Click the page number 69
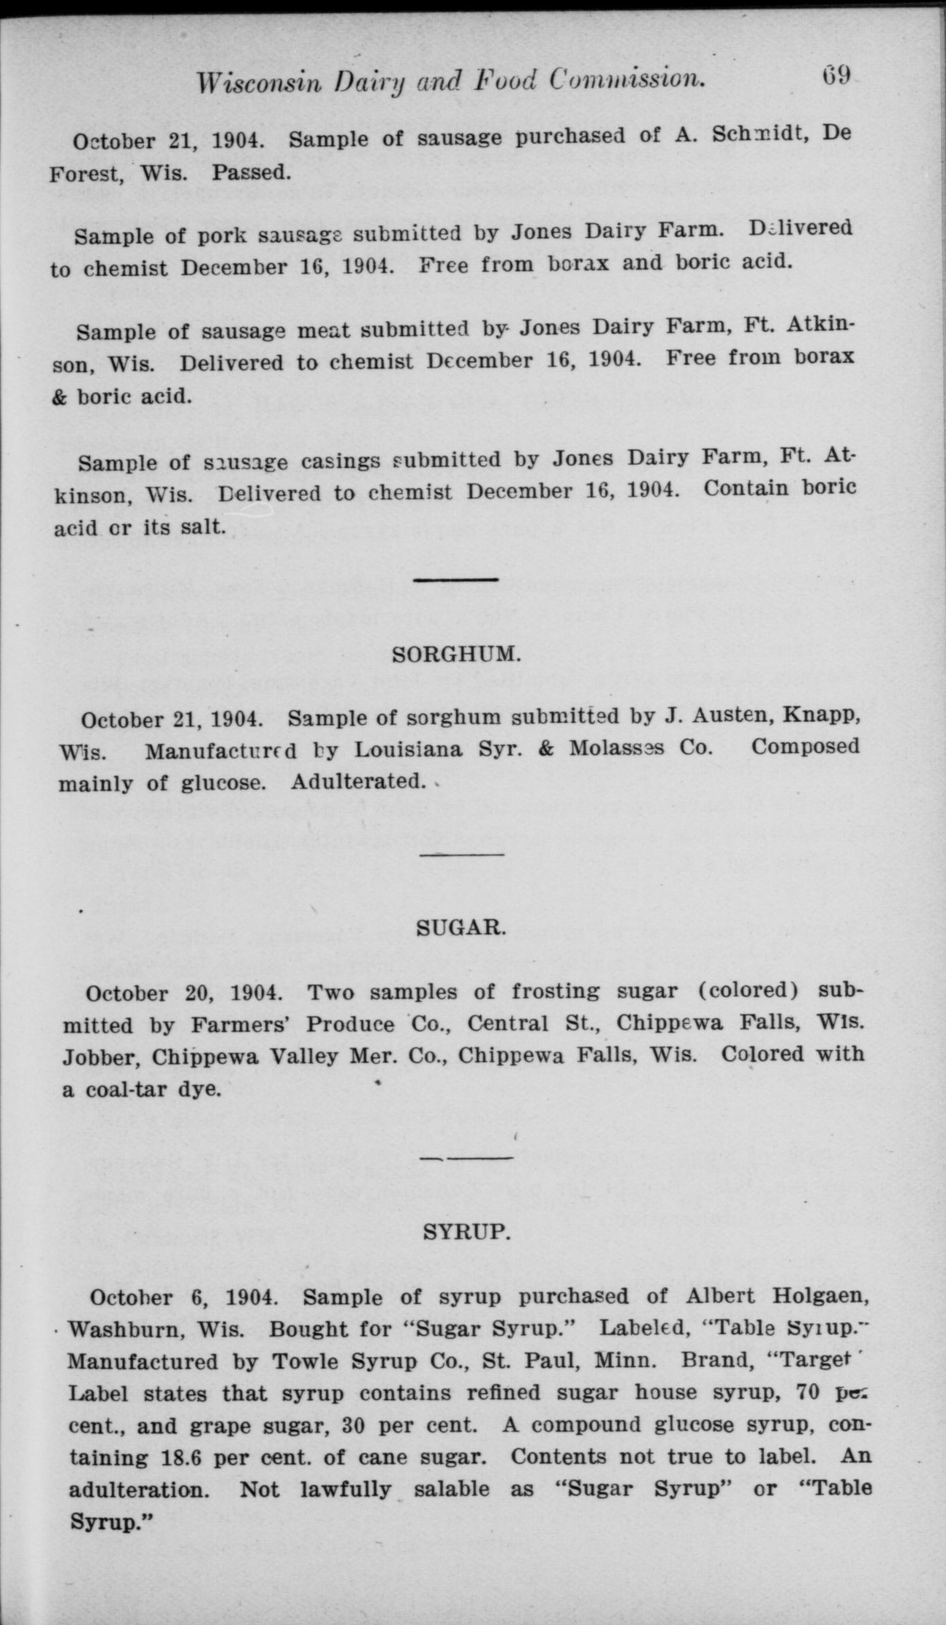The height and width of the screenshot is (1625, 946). [x=836, y=74]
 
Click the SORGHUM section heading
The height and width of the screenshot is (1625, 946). [x=457, y=655]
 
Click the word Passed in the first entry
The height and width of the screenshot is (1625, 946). [x=251, y=173]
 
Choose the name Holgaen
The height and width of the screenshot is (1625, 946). [x=822, y=1296]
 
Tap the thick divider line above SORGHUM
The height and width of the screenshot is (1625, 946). [x=456, y=579]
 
